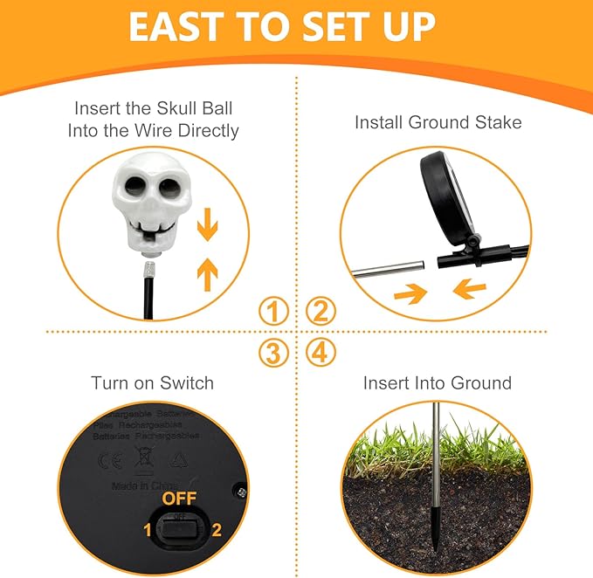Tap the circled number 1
tap(273, 311)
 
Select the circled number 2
tap(321, 311)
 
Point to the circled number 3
tap(273, 353)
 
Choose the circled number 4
tap(321, 353)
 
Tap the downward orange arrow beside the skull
tap(207, 227)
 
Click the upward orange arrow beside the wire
tap(207, 273)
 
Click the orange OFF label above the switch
tap(180, 499)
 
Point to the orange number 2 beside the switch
tap(216, 528)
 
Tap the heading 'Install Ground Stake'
tap(438, 122)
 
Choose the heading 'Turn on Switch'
tap(152, 382)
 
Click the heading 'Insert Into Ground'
tap(438, 382)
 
